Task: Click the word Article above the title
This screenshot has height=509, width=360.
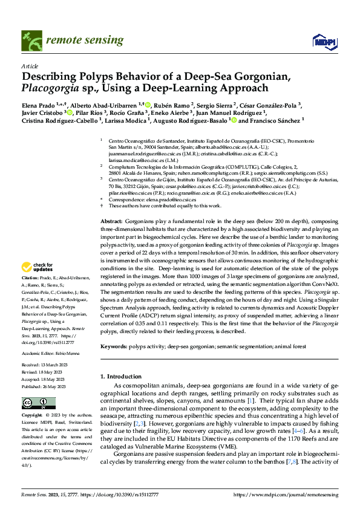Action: [x=30, y=65]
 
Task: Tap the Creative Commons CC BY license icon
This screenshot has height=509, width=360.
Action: [x=31, y=403]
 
